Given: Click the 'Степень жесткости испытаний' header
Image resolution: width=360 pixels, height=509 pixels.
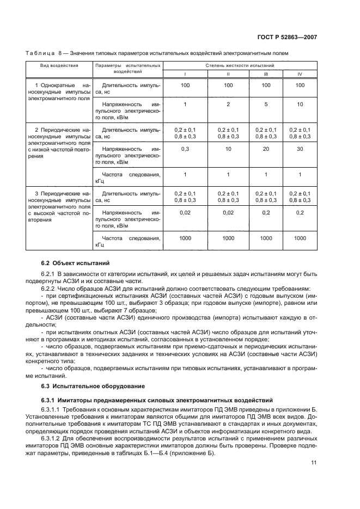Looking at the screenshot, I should (240, 65).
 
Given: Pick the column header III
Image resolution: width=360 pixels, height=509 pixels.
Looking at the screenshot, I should (266, 73).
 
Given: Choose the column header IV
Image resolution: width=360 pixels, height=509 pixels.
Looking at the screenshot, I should (300, 73).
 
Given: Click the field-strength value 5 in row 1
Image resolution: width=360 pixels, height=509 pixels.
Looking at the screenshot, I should (266, 104).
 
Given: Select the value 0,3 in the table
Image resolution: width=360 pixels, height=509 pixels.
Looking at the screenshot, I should (185, 149).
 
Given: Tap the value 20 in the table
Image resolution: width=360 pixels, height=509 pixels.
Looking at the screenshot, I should (266, 149).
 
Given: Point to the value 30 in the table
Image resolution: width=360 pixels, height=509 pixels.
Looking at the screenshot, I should (300, 149).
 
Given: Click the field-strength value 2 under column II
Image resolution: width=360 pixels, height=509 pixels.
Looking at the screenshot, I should (228, 104).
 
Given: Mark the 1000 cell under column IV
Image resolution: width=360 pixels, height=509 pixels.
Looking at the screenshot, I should (300, 238).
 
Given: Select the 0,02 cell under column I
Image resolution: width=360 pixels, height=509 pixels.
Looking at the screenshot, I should (185, 213).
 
